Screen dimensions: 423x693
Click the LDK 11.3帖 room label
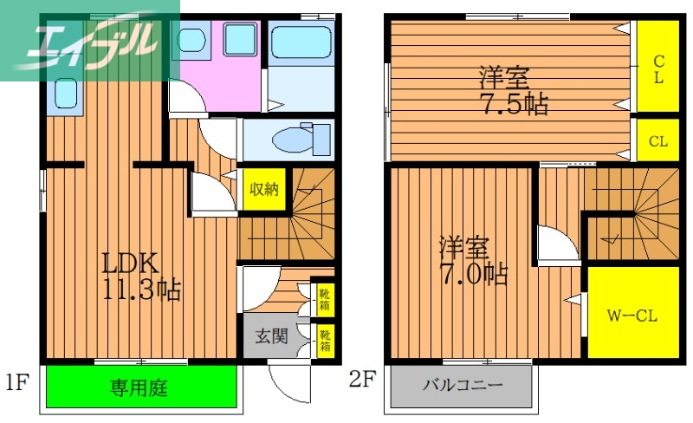point(142,276)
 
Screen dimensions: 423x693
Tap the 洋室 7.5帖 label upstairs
point(513,91)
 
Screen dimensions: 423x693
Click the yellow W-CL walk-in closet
point(633,314)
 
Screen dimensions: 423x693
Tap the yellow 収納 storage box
point(263,190)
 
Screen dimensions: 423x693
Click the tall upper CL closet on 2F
point(657,68)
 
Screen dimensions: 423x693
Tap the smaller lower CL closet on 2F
point(657,141)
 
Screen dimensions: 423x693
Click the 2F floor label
point(364,380)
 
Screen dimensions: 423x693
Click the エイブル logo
point(87,40)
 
